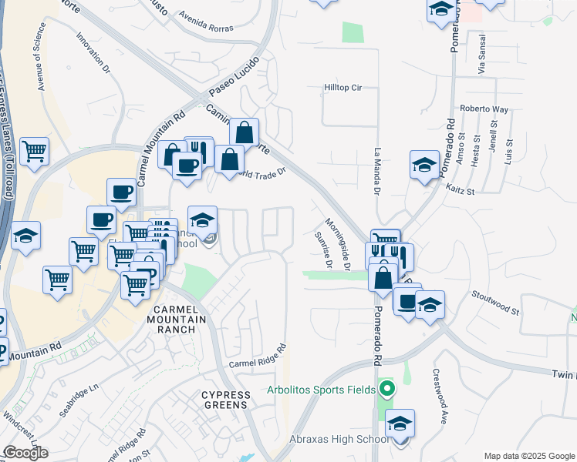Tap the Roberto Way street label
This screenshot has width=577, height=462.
point(484,109)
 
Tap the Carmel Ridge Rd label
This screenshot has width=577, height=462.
point(257,356)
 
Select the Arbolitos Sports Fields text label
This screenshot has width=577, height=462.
point(322,388)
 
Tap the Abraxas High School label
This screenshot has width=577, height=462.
point(339,439)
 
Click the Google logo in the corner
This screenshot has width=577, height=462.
point(25,453)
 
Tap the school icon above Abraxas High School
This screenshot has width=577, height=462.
point(400,423)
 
